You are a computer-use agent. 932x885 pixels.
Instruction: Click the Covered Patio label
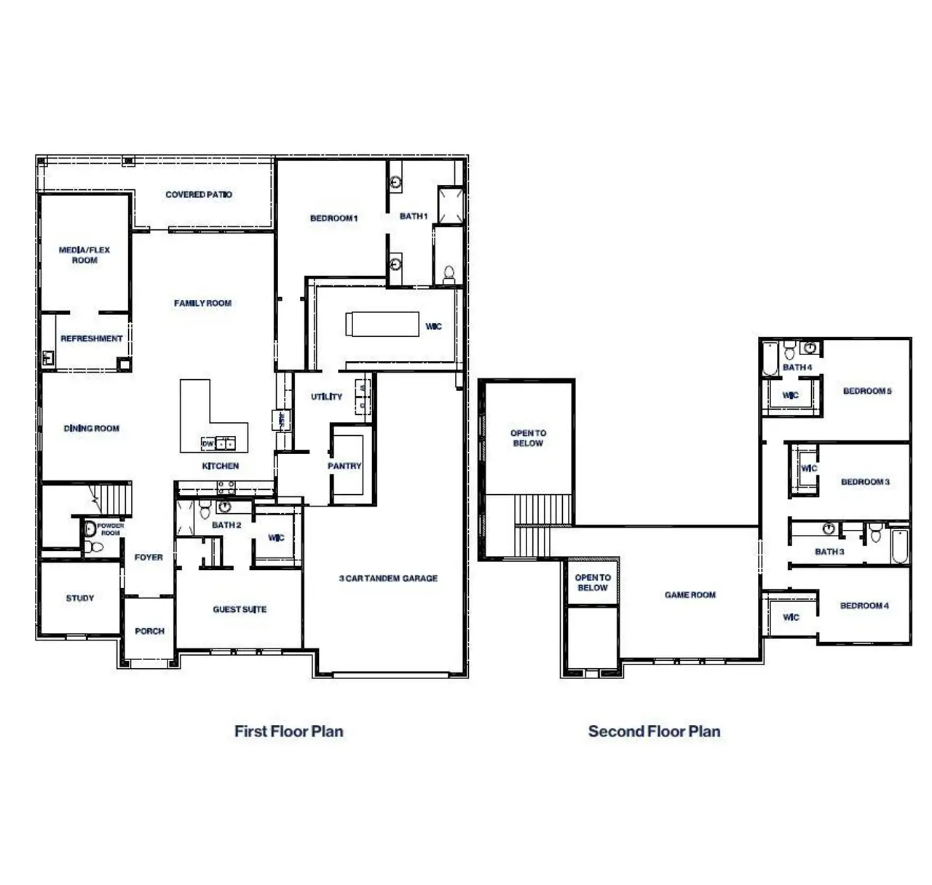point(199,194)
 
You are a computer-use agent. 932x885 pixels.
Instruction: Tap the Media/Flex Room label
point(84,255)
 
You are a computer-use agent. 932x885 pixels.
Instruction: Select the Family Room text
point(202,303)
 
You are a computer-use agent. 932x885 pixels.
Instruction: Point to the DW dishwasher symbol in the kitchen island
point(208,443)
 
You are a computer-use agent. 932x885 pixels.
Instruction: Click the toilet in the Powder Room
point(89,546)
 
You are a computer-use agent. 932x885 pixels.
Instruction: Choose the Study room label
point(80,598)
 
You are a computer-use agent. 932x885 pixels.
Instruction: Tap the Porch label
point(149,631)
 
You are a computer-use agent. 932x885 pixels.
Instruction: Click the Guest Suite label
point(240,609)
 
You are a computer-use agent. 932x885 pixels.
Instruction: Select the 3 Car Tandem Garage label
point(388,578)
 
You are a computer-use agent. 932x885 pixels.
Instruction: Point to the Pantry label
point(344,466)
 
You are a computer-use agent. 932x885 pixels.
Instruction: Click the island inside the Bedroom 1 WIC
point(382,324)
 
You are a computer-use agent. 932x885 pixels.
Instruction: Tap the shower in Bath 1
point(450,206)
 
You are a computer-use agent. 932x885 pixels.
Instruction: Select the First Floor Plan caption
point(288,731)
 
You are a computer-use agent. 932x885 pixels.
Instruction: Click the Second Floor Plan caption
point(654,731)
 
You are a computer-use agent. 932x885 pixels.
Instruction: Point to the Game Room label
point(690,595)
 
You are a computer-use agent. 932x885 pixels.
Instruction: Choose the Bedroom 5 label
point(867,391)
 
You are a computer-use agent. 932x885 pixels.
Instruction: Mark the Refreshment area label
point(92,338)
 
